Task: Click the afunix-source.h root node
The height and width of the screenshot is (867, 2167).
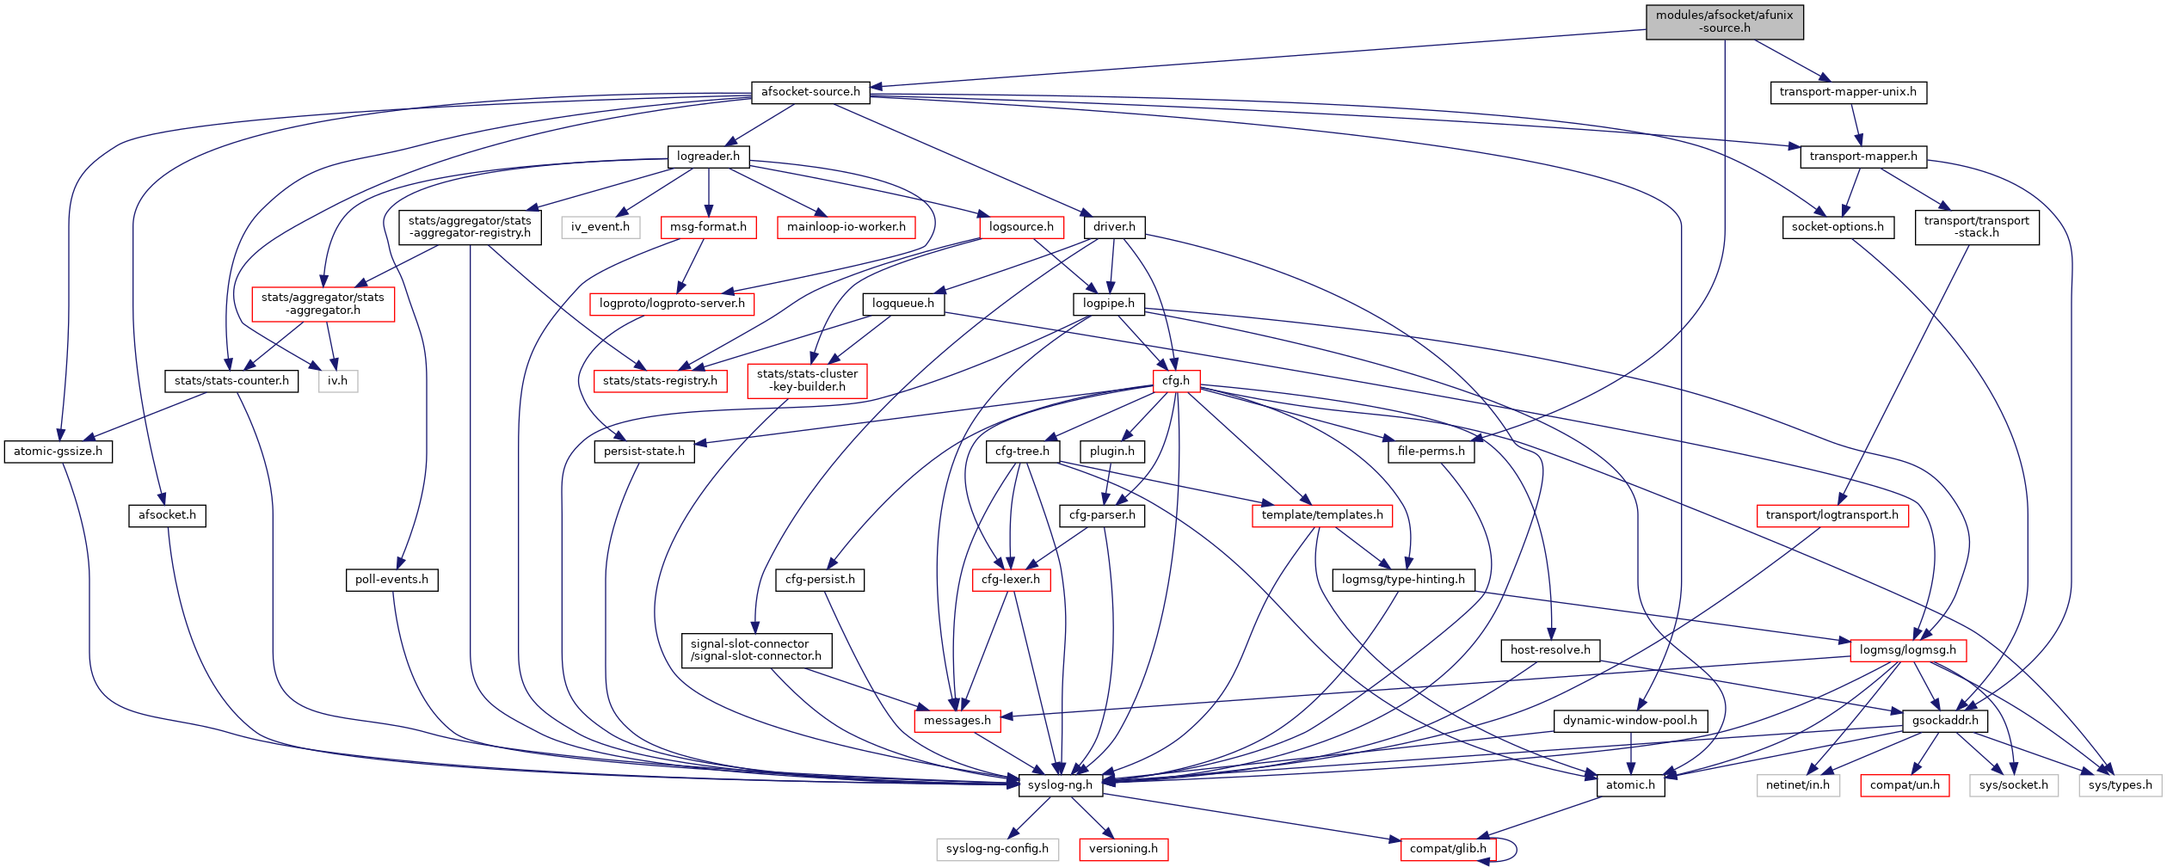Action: [1724, 22]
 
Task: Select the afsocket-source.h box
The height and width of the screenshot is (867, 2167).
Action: [810, 92]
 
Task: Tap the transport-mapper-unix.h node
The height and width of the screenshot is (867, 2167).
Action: [1848, 92]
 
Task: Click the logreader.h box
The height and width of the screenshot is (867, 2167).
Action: [708, 157]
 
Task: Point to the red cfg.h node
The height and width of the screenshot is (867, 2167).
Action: [1176, 381]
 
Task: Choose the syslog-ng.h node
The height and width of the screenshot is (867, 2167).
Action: [1060, 785]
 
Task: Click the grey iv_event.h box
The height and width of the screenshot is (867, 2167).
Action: [600, 227]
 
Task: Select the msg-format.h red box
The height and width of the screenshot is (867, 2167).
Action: [708, 227]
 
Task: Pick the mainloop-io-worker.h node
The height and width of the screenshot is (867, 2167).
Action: [846, 227]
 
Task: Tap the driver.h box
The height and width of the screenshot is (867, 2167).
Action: [1114, 227]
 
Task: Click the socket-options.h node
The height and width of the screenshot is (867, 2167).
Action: [1838, 227]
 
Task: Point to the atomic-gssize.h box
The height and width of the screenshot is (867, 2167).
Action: [58, 452]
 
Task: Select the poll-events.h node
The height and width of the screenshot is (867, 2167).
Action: [391, 580]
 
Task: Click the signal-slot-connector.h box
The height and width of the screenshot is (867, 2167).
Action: [756, 650]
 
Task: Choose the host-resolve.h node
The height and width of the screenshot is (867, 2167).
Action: [1550, 650]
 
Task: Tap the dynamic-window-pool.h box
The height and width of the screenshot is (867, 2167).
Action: [1630, 721]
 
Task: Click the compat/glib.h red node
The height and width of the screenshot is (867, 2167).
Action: [1448, 849]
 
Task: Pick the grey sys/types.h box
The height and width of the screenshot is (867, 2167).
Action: [2120, 785]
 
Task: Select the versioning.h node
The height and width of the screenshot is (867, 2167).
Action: [1124, 849]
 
